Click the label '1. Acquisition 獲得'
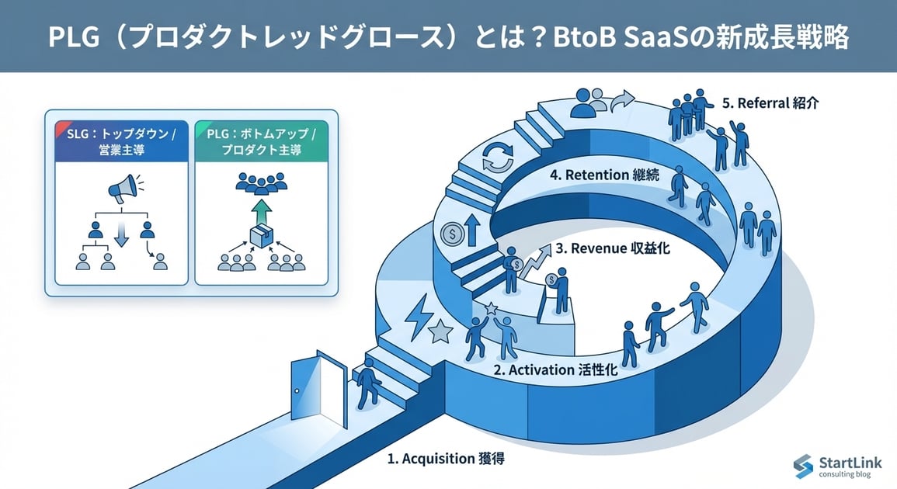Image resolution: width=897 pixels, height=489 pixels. point(445,459)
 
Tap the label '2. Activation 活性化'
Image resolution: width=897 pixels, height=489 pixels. point(555,370)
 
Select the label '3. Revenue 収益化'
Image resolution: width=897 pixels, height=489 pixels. point(613,250)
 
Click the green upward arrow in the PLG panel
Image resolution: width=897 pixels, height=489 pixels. point(260,210)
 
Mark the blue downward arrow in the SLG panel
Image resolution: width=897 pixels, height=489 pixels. point(120,236)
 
